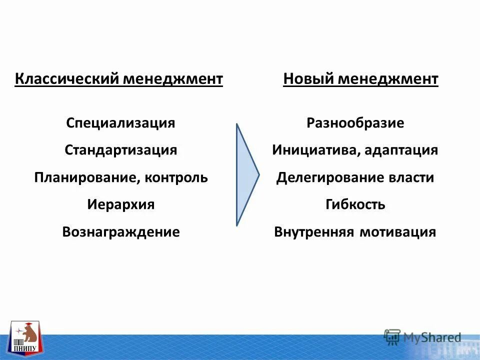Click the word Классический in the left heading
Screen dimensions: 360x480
point(67,79)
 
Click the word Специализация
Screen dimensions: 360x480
point(120,123)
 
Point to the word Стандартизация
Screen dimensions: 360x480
point(120,150)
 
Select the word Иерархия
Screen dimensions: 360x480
point(120,204)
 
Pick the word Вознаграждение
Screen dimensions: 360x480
point(120,232)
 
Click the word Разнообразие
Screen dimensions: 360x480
point(355,123)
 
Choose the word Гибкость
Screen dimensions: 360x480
point(355,204)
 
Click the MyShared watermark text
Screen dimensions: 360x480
point(432,338)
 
